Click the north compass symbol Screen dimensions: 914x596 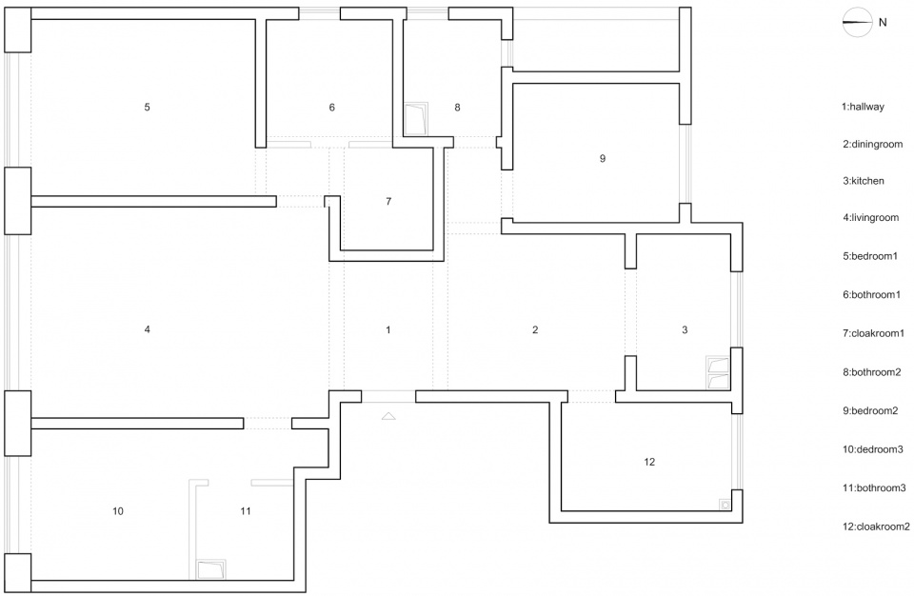click(857, 22)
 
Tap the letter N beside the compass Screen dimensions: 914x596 click(883, 22)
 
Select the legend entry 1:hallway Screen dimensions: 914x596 click(863, 107)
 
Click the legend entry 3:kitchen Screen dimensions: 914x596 click(863, 181)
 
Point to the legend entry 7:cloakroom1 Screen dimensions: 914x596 click(873, 333)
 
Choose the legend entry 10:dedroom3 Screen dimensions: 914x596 click(872, 449)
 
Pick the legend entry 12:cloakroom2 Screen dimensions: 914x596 click(876, 526)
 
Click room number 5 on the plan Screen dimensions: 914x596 click(147, 107)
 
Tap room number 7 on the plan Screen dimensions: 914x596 click(388, 201)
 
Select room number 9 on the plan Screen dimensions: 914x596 click(603, 158)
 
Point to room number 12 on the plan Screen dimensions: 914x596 click(649, 462)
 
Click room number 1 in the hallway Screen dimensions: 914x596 click(388, 330)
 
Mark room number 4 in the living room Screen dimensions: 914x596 click(147, 329)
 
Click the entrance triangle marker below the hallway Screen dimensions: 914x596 click(388, 416)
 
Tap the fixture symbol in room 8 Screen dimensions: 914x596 click(417, 119)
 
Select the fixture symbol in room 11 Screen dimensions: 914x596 click(211, 569)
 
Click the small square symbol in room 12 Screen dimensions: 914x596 click(725, 505)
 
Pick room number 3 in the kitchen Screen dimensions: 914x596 click(685, 330)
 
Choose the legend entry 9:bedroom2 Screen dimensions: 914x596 click(869, 410)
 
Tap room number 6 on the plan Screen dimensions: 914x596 click(331, 108)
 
